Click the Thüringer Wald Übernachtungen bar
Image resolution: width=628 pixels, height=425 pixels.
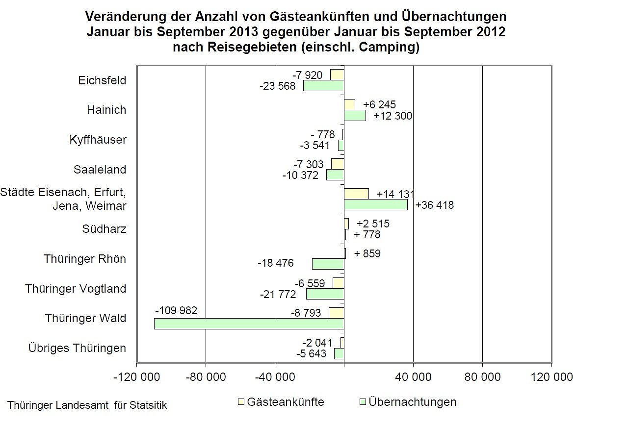click(249, 324)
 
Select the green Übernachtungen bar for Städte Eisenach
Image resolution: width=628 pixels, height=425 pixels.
click(375, 205)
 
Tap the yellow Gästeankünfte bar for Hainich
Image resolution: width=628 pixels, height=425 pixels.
click(349, 104)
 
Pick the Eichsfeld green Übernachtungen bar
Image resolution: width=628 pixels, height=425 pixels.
click(323, 86)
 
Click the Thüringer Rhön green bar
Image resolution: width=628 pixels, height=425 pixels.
click(328, 264)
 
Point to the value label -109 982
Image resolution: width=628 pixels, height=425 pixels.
click(176, 311)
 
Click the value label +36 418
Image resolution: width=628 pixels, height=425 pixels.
click(435, 205)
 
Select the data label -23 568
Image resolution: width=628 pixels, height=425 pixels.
click(278, 86)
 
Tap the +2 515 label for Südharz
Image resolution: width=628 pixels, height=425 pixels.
click(373, 224)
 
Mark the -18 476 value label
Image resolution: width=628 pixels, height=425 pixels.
click(276, 264)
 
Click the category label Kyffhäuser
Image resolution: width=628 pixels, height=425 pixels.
click(98, 140)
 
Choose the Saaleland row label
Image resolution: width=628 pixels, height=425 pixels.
click(100, 170)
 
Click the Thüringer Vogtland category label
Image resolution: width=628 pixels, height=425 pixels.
click(76, 289)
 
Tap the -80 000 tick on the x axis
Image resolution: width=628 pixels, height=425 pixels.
click(206, 377)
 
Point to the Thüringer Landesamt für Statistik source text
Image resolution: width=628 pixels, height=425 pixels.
click(87, 406)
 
